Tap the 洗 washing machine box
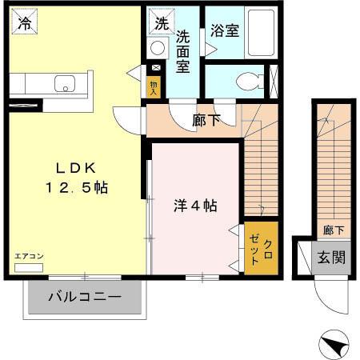[160, 23]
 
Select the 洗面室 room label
[183, 50]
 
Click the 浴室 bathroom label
[224, 31]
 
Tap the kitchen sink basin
[62, 82]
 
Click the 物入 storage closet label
[154, 86]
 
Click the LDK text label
[76, 168]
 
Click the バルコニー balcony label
[85, 297]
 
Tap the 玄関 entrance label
[329, 258]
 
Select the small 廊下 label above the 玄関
[334, 230]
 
